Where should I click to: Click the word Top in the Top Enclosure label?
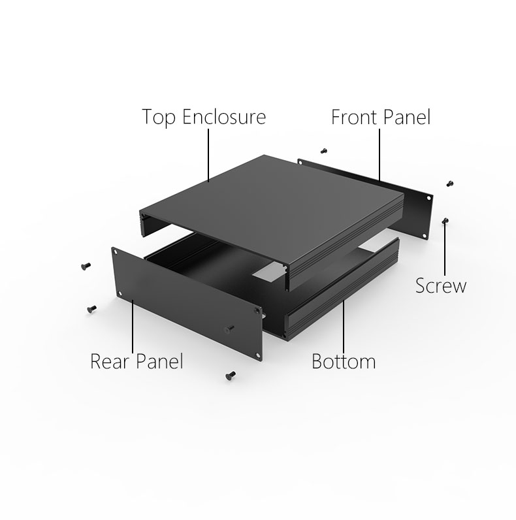[159, 117]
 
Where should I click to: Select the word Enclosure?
[224, 117]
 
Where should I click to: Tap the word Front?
[354, 117]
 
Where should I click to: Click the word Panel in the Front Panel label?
[407, 117]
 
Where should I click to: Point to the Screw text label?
[441, 285]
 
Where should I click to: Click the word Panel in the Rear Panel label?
[159, 361]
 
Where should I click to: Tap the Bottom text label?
[344, 361]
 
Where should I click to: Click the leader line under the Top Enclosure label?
[208, 155]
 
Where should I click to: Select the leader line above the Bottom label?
[344, 326]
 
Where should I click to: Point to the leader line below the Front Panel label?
[379, 155]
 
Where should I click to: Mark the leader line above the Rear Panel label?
[133, 326]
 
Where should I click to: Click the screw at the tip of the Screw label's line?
[445, 221]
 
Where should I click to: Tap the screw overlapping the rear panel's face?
[229, 329]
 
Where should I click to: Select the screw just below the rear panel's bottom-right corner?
[231, 375]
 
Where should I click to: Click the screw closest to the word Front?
[324, 151]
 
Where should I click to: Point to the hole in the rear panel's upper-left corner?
[116, 252]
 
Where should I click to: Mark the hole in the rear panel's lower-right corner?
[257, 355]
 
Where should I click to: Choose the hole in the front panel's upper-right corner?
[428, 199]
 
